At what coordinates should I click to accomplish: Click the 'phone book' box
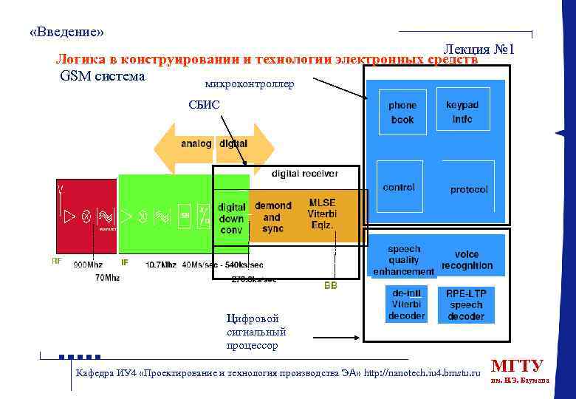(402, 112)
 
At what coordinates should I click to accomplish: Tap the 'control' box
(399, 188)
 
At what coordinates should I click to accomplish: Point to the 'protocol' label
(469, 189)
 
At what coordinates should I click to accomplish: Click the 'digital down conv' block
(232, 218)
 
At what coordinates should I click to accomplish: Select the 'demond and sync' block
(272, 217)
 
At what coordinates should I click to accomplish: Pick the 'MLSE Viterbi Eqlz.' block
(322, 214)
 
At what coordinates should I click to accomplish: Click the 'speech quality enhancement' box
(403, 260)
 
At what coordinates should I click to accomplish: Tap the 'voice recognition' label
(467, 260)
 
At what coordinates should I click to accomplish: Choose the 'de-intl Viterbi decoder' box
(406, 304)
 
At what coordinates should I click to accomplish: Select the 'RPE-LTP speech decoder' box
(466, 304)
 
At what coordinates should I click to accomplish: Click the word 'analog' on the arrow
(196, 143)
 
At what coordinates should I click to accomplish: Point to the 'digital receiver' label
(305, 174)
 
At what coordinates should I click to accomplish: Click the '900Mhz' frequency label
(89, 265)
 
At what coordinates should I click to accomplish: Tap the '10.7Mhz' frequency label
(160, 265)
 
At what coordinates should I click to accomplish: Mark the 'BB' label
(330, 285)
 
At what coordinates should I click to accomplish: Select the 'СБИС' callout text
(204, 105)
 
